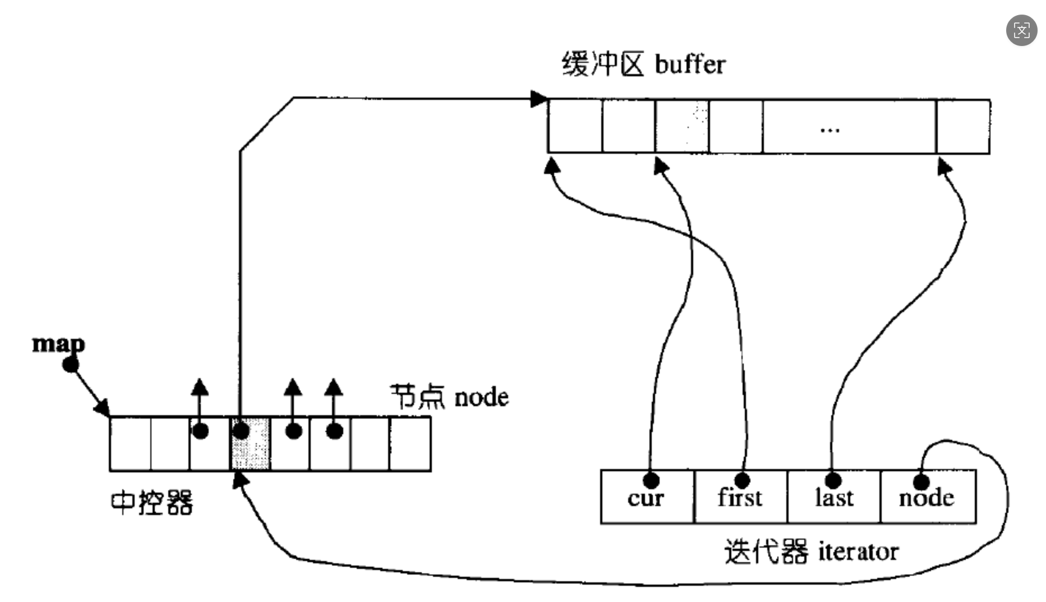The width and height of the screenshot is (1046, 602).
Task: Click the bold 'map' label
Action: click(58, 343)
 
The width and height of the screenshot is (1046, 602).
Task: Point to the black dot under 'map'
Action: click(71, 365)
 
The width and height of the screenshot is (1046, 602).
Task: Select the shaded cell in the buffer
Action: click(682, 126)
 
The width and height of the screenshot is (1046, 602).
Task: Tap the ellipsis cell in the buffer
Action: click(849, 126)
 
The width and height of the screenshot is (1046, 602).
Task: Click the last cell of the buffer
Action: click(963, 126)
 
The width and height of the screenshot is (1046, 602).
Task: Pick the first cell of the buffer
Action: click(575, 126)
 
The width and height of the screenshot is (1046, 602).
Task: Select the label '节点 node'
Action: click(449, 397)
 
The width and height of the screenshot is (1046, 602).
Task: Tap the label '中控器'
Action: click(152, 502)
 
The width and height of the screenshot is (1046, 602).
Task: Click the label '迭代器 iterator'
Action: click(811, 552)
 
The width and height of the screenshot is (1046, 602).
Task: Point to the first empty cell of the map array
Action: click(130, 444)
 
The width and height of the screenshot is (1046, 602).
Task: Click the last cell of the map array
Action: click(410, 444)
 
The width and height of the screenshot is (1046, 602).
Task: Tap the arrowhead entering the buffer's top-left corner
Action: click(539, 99)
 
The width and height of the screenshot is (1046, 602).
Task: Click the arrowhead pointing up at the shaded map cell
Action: click(240, 480)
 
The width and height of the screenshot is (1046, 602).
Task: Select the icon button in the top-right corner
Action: click(1021, 30)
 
